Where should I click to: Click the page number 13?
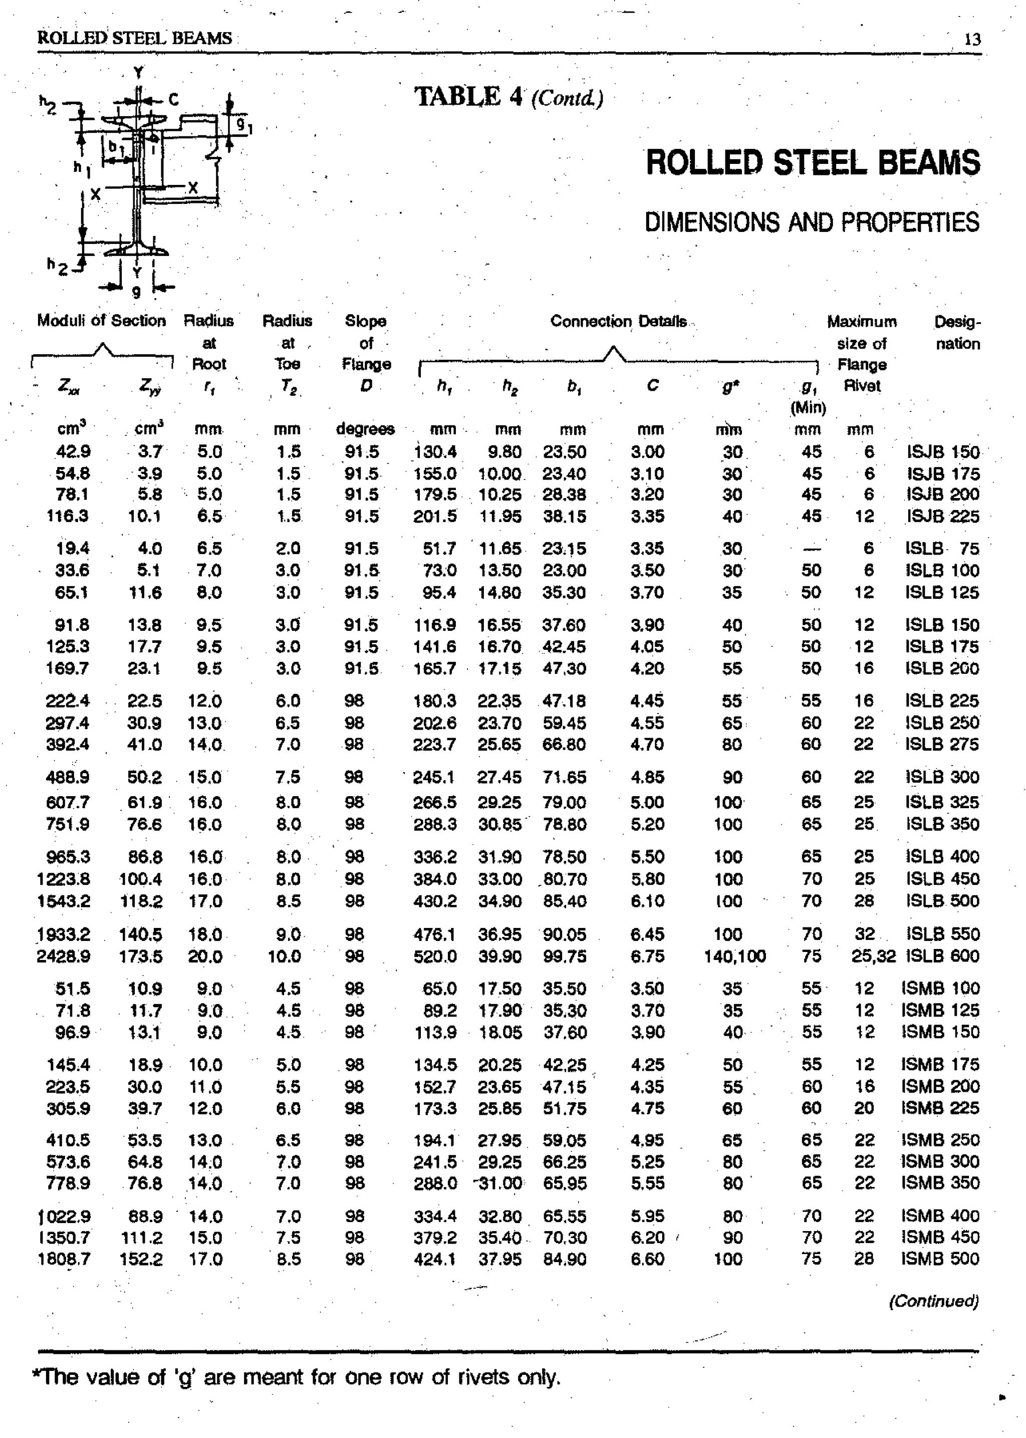(972, 40)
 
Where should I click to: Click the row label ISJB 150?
(943, 452)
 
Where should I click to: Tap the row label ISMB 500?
(940, 1259)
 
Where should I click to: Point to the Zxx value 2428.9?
(63, 956)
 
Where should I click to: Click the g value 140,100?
(734, 956)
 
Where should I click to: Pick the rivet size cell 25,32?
(873, 956)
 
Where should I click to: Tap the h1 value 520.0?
(435, 956)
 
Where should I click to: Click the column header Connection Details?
(618, 322)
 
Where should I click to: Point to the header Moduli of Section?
(101, 321)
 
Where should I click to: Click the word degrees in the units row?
(365, 429)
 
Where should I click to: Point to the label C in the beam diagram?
(173, 100)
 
